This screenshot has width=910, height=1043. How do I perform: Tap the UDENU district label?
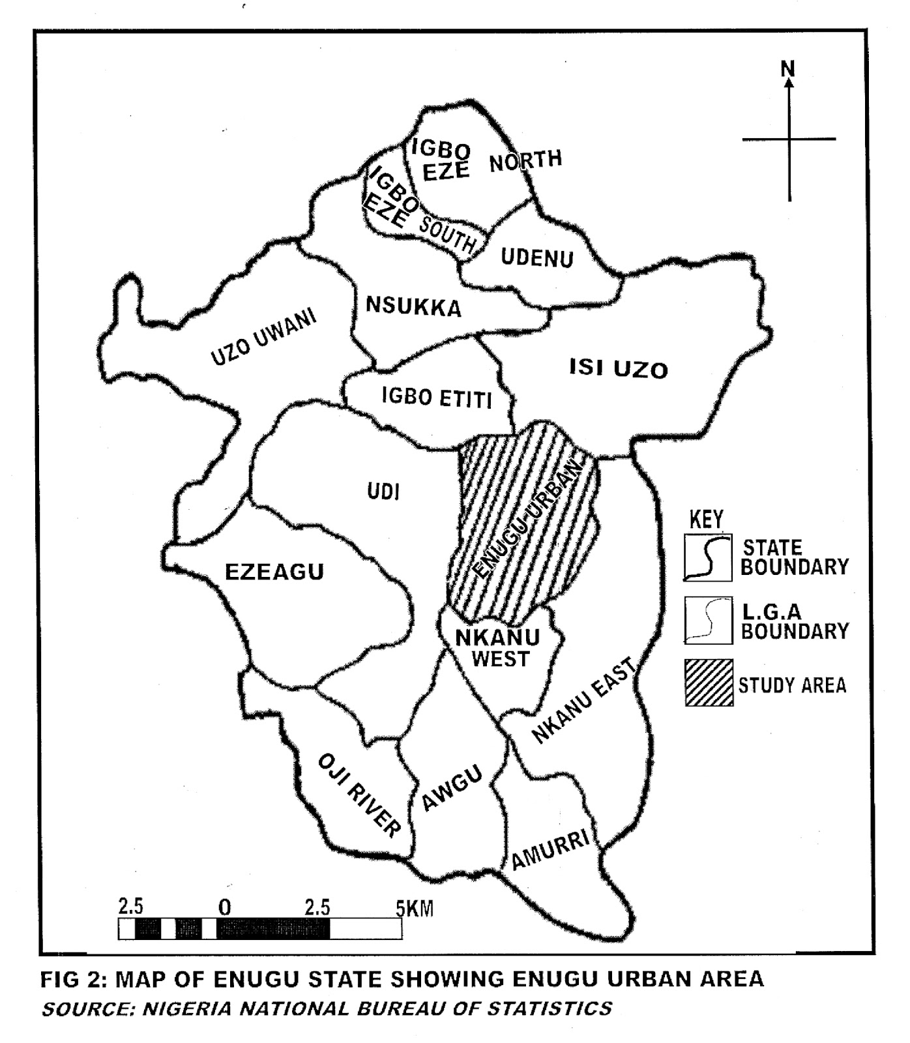536,257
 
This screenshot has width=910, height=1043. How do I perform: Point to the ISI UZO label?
619,369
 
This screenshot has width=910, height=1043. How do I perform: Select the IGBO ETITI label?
437,397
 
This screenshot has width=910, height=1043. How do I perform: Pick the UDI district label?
383,492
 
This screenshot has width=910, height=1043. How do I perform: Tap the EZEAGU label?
274,572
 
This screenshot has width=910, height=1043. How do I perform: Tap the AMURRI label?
551,849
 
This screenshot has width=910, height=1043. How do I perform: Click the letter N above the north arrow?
788,68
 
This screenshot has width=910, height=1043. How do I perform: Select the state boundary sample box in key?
708,557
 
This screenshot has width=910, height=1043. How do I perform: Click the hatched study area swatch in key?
709,683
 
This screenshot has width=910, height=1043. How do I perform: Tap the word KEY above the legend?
706,520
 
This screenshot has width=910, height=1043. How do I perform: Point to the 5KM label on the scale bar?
415,907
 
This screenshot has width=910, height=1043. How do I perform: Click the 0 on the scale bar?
225,907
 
